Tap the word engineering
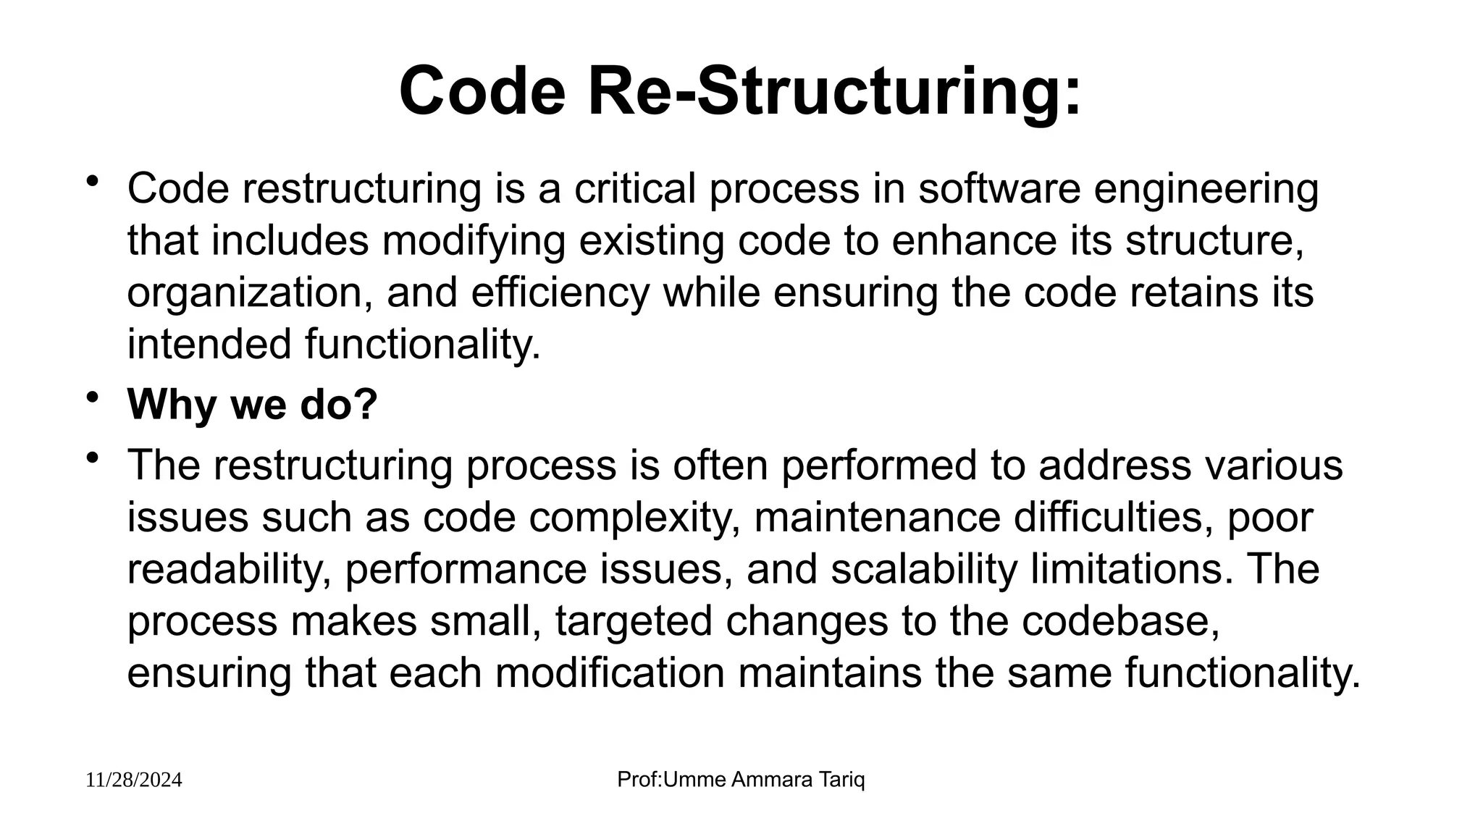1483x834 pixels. click(1206, 190)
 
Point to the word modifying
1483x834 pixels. click(474, 241)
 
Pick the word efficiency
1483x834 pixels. click(560, 293)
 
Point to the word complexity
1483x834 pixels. click(634, 518)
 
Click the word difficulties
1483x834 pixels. click(1112, 517)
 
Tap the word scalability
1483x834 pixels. click(923, 570)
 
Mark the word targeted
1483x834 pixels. click(634, 622)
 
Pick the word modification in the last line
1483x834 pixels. click(610, 673)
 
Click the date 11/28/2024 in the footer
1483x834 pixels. click(134, 780)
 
